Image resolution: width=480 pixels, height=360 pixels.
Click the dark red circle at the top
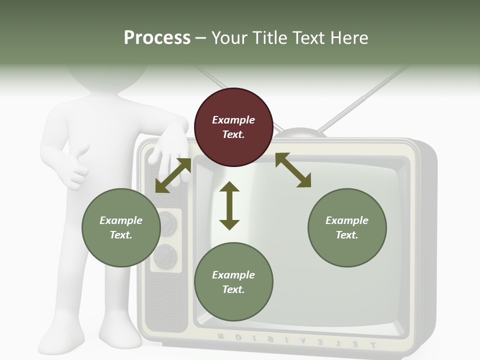coord(233,127)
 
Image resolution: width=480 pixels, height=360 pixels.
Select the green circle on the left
coord(121,227)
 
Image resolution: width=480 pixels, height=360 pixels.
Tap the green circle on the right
coord(347,227)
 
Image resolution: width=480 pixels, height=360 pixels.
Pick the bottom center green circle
coord(233,282)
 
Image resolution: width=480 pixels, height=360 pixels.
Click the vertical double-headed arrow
coord(229,205)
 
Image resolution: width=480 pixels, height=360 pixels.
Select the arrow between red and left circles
coord(173,175)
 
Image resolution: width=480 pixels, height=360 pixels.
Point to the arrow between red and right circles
coord(293,170)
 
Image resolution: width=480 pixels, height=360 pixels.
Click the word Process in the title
coord(157,37)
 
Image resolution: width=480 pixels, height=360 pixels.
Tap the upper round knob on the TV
coord(167,223)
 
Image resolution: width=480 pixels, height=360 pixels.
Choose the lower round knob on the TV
coord(165,257)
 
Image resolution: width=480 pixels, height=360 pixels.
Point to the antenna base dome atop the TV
coord(298,133)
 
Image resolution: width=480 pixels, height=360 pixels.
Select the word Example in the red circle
coord(233,120)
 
